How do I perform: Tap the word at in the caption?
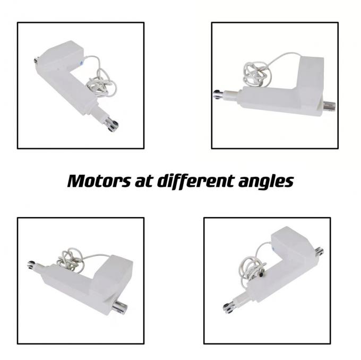(144, 181)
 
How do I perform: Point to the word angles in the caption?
(265, 182)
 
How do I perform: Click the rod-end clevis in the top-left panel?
(112, 125)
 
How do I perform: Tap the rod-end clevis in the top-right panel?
(219, 95)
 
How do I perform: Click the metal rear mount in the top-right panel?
(330, 106)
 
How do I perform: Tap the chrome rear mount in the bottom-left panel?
(120, 307)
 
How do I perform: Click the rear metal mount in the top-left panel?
(37, 62)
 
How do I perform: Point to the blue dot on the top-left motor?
(81, 63)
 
